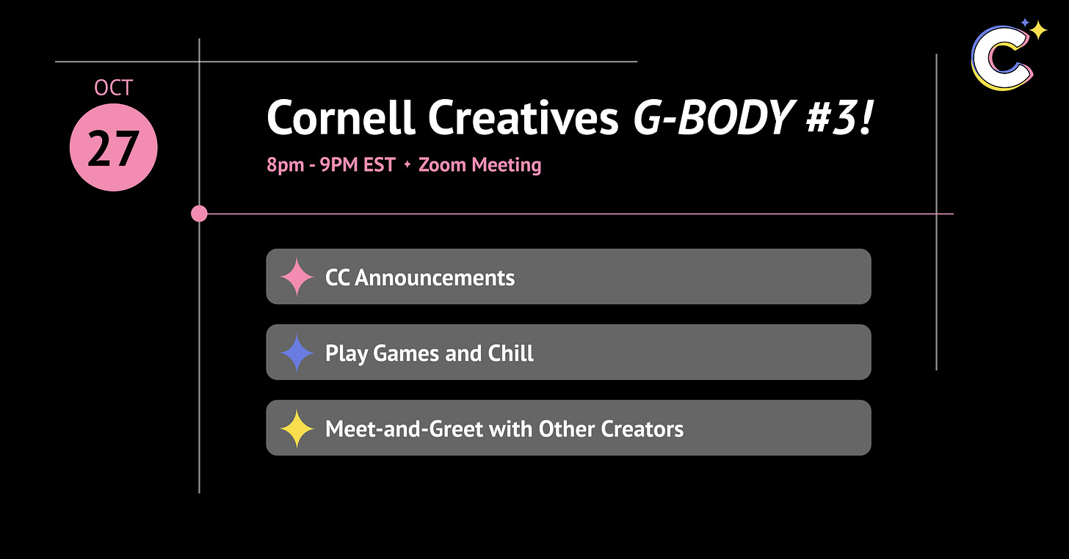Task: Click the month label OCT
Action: click(113, 88)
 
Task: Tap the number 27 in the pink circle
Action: click(114, 149)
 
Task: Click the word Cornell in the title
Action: click(340, 118)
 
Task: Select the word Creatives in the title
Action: click(523, 118)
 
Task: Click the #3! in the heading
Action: click(840, 118)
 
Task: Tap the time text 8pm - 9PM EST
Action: click(331, 165)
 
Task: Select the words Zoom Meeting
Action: click(479, 165)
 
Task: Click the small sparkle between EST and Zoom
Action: click(407, 164)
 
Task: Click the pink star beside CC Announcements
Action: click(297, 277)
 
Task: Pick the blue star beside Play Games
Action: click(297, 352)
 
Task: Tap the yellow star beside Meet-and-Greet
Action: click(297, 428)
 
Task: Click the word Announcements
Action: click(435, 277)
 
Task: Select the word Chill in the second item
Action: click(511, 354)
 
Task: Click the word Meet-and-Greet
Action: click(405, 429)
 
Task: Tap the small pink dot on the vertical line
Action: click(199, 213)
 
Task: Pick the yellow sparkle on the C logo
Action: click(1037, 31)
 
